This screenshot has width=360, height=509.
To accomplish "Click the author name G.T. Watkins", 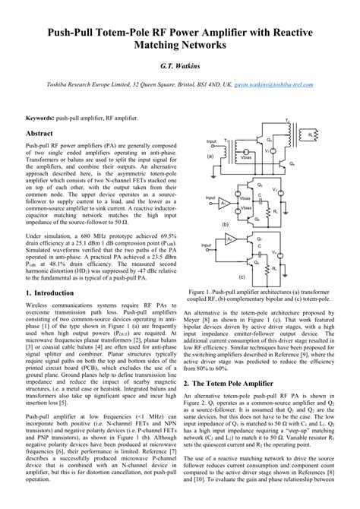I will [179, 67].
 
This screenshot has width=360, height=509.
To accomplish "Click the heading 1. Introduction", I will [49, 292].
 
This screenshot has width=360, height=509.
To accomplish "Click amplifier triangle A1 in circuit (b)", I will [221, 205].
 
